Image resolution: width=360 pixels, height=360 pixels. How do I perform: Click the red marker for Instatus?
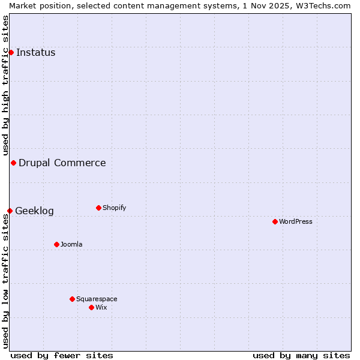(x=11, y=52)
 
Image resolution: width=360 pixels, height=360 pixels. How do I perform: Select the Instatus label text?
(x=35, y=52)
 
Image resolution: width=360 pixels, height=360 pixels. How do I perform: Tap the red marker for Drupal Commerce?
(x=13, y=163)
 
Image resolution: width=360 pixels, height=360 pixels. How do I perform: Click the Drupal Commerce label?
(x=62, y=163)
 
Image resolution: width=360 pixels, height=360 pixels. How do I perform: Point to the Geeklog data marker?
(x=10, y=211)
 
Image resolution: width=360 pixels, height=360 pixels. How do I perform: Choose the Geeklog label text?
(x=34, y=211)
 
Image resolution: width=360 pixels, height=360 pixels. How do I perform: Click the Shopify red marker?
(x=98, y=208)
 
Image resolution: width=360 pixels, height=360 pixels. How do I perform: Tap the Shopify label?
(x=114, y=208)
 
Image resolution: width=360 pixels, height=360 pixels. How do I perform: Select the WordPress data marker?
(x=275, y=221)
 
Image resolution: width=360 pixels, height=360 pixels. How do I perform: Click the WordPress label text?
(x=295, y=221)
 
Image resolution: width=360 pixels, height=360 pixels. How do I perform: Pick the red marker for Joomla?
(x=56, y=244)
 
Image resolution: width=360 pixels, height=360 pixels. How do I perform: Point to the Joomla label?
(x=71, y=244)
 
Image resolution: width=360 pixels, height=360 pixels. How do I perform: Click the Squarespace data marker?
(x=72, y=299)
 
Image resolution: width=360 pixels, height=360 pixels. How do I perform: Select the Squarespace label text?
(x=97, y=299)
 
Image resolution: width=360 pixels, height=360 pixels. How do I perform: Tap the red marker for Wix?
(x=91, y=307)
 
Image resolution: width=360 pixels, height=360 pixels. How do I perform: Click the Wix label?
(x=101, y=307)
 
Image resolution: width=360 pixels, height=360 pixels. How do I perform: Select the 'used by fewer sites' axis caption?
(x=62, y=355)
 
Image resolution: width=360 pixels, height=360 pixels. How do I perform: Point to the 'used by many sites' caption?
(x=301, y=355)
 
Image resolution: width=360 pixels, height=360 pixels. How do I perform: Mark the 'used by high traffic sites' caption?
(x=5, y=85)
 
